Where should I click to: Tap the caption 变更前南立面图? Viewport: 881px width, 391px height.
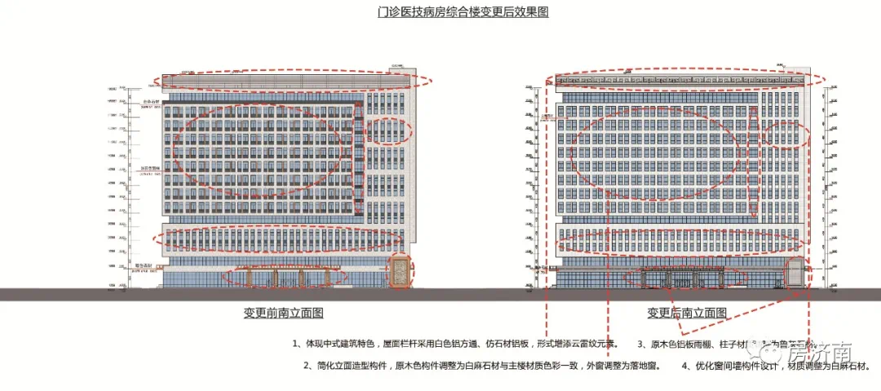tap(284, 313)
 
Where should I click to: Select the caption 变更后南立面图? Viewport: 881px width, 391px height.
tap(688, 313)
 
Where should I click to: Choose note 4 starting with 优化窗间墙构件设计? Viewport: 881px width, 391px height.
tap(767, 366)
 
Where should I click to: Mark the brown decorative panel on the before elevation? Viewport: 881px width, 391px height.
tap(401, 272)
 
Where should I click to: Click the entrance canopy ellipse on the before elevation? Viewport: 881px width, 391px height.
tap(286, 277)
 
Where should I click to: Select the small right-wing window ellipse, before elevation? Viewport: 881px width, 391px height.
tap(389, 131)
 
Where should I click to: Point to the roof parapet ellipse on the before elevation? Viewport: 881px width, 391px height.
tap(295, 79)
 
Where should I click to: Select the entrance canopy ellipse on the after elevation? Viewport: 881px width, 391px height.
tap(685, 278)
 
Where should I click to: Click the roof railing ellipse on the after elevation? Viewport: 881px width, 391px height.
tap(690, 79)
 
